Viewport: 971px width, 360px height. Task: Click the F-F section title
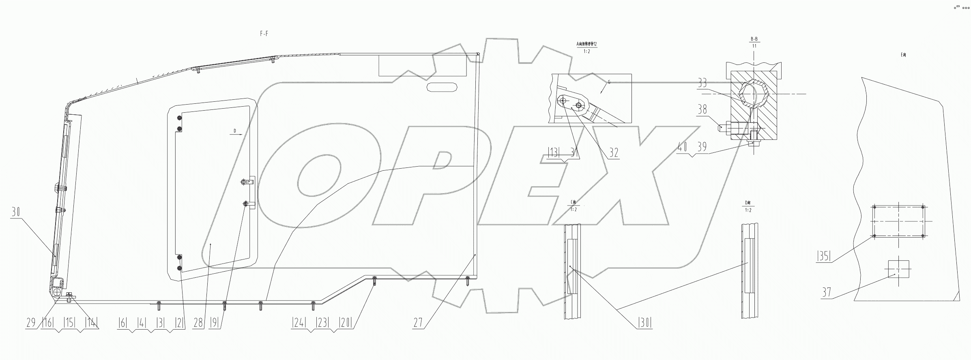coord(264,34)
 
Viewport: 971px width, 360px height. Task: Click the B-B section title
coord(754,39)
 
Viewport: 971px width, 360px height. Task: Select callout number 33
coord(702,83)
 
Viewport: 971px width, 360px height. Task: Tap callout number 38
coord(702,109)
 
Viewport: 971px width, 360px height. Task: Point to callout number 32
coord(614,153)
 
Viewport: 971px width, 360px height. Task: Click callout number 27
coord(418,323)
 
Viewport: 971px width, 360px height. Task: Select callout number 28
coord(198,323)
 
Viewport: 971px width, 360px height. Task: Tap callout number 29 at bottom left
coord(31,323)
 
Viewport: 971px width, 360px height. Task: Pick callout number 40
coord(683,147)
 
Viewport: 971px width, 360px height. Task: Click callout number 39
coord(702,147)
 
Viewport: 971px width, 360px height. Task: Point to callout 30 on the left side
coord(15,212)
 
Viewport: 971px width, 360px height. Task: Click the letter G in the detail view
coord(609,82)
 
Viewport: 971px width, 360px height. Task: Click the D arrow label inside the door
coord(234,131)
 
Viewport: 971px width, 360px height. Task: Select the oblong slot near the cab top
coord(442,87)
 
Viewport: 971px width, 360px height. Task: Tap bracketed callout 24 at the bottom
coord(299,323)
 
